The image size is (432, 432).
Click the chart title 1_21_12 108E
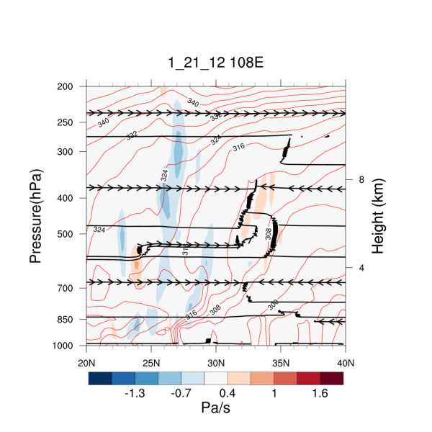click(216, 63)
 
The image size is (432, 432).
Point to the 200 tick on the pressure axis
click(65, 86)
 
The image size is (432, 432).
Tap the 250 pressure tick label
click(65, 122)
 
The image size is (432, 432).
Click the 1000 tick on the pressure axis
click(63, 346)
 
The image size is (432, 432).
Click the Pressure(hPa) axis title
click(36, 216)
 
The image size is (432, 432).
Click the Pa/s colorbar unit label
click(216, 408)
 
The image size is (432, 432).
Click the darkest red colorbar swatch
click(332, 378)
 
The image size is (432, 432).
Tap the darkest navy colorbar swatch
click(100, 378)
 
